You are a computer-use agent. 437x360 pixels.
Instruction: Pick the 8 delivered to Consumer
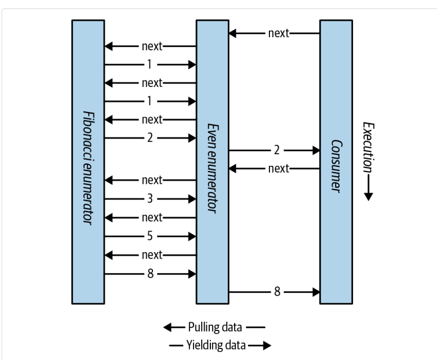(276, 291)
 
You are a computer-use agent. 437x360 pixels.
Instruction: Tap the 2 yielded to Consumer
(276, 150)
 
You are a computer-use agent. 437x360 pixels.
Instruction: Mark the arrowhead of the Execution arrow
(367, 197)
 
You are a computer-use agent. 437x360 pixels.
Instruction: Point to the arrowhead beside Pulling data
(168, 328)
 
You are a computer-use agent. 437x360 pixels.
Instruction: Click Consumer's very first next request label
(278, 33)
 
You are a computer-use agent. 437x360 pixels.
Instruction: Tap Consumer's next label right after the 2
(278, 169)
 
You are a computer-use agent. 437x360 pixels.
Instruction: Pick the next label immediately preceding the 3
(152, 180)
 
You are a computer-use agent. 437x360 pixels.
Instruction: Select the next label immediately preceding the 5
(152, 217)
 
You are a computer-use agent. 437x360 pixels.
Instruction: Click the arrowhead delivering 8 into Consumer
(316, 291)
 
